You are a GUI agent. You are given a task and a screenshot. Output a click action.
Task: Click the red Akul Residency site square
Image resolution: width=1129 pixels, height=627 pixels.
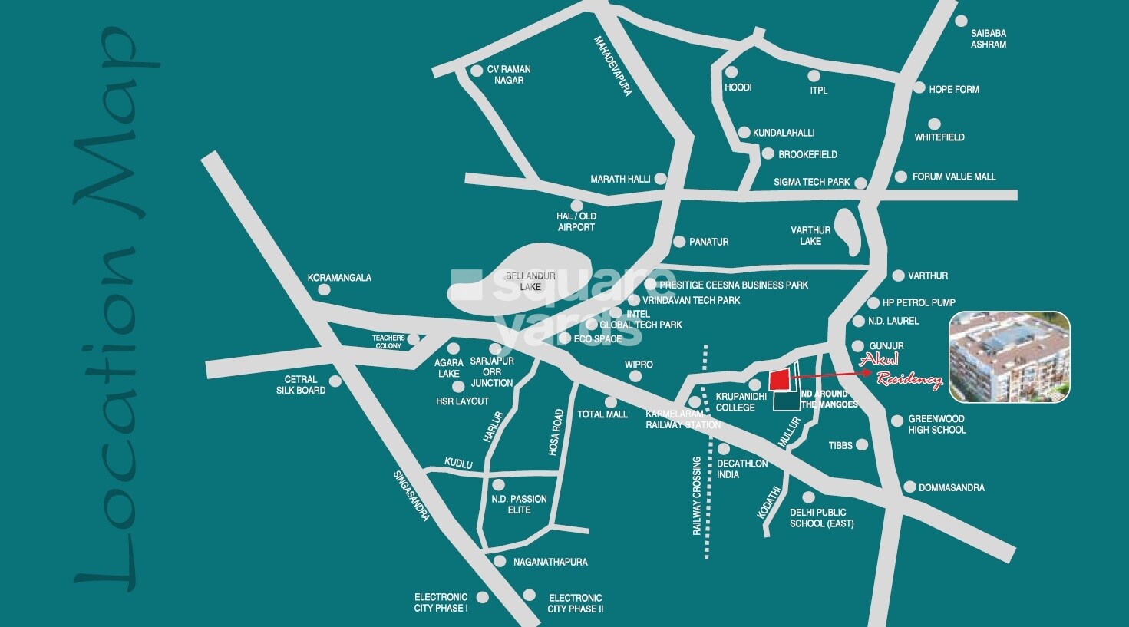779,379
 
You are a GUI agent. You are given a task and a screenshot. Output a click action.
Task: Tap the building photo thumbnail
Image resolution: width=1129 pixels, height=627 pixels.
1009,357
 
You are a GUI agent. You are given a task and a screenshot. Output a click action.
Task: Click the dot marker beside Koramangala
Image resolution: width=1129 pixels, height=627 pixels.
324,289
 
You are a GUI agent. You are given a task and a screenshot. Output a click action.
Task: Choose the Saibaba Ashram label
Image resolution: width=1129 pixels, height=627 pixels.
988,39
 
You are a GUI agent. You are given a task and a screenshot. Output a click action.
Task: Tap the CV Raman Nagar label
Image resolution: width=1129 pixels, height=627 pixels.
509,74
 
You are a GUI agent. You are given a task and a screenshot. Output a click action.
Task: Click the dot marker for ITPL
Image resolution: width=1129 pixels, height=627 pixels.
814,76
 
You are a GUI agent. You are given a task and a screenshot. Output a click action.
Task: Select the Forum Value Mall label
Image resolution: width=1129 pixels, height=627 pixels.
953,177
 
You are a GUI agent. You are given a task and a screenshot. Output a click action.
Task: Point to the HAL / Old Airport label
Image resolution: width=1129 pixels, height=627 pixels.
576,222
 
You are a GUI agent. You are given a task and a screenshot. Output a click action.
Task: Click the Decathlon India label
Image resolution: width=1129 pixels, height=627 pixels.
741,469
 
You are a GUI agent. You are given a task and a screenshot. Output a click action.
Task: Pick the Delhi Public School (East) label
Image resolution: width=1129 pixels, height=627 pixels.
821,518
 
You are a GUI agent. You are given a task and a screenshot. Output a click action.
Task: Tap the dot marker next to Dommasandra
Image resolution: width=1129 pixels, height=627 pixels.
909,487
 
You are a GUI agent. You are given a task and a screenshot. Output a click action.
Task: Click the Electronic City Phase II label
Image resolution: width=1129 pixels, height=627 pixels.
575,603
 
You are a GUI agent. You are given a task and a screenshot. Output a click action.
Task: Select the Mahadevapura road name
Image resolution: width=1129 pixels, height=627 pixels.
614,65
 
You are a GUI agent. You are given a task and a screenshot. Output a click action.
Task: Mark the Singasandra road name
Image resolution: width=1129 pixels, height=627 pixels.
411,495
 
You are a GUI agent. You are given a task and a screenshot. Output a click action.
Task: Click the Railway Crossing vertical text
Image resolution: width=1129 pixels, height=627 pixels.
697,496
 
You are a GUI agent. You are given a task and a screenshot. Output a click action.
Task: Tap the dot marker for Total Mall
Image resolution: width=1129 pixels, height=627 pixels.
610,402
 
